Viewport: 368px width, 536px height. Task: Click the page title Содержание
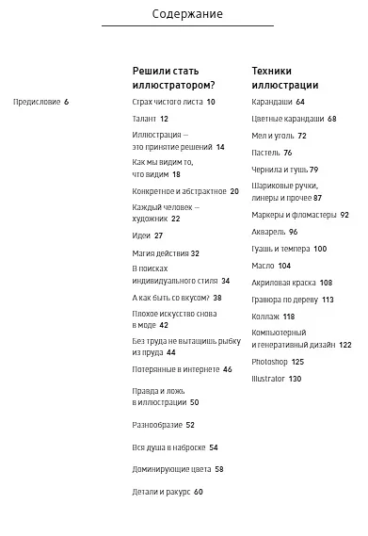187,14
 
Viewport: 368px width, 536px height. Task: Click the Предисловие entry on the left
36,102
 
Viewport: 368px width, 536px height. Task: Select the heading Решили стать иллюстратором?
174,77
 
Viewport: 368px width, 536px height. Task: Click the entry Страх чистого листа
168,102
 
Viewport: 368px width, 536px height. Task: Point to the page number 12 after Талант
164,119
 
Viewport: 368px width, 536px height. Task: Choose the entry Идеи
141,236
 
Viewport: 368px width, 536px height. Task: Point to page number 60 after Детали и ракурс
199,492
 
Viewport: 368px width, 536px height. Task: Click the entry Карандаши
272,102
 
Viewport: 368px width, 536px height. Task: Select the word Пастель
266,153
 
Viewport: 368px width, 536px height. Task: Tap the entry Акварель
268,232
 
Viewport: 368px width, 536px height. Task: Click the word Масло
263,266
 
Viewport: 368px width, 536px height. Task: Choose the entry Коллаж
266,317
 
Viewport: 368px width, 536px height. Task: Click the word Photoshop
270,362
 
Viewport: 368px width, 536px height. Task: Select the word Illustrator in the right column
269,379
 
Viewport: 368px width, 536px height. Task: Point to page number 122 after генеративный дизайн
344,345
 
